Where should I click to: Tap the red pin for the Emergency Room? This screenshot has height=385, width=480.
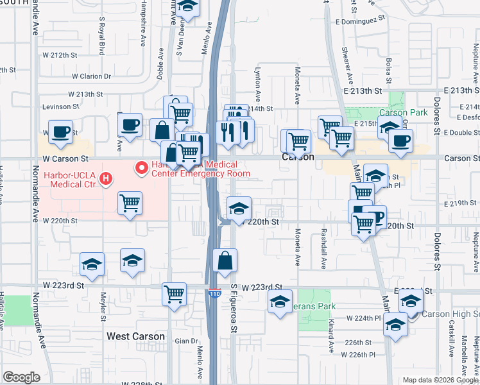141,168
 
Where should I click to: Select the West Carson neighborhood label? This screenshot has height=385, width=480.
135,336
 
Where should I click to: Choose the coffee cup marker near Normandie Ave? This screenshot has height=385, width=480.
62,132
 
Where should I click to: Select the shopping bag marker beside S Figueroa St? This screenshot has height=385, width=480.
225,261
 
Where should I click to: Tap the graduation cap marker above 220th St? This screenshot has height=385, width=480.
239,209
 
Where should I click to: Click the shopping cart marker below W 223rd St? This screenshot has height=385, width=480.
175,294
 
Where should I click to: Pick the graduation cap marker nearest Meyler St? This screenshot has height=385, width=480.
92,264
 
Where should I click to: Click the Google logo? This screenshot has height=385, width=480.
21,377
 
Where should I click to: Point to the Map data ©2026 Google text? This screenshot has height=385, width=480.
440,380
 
